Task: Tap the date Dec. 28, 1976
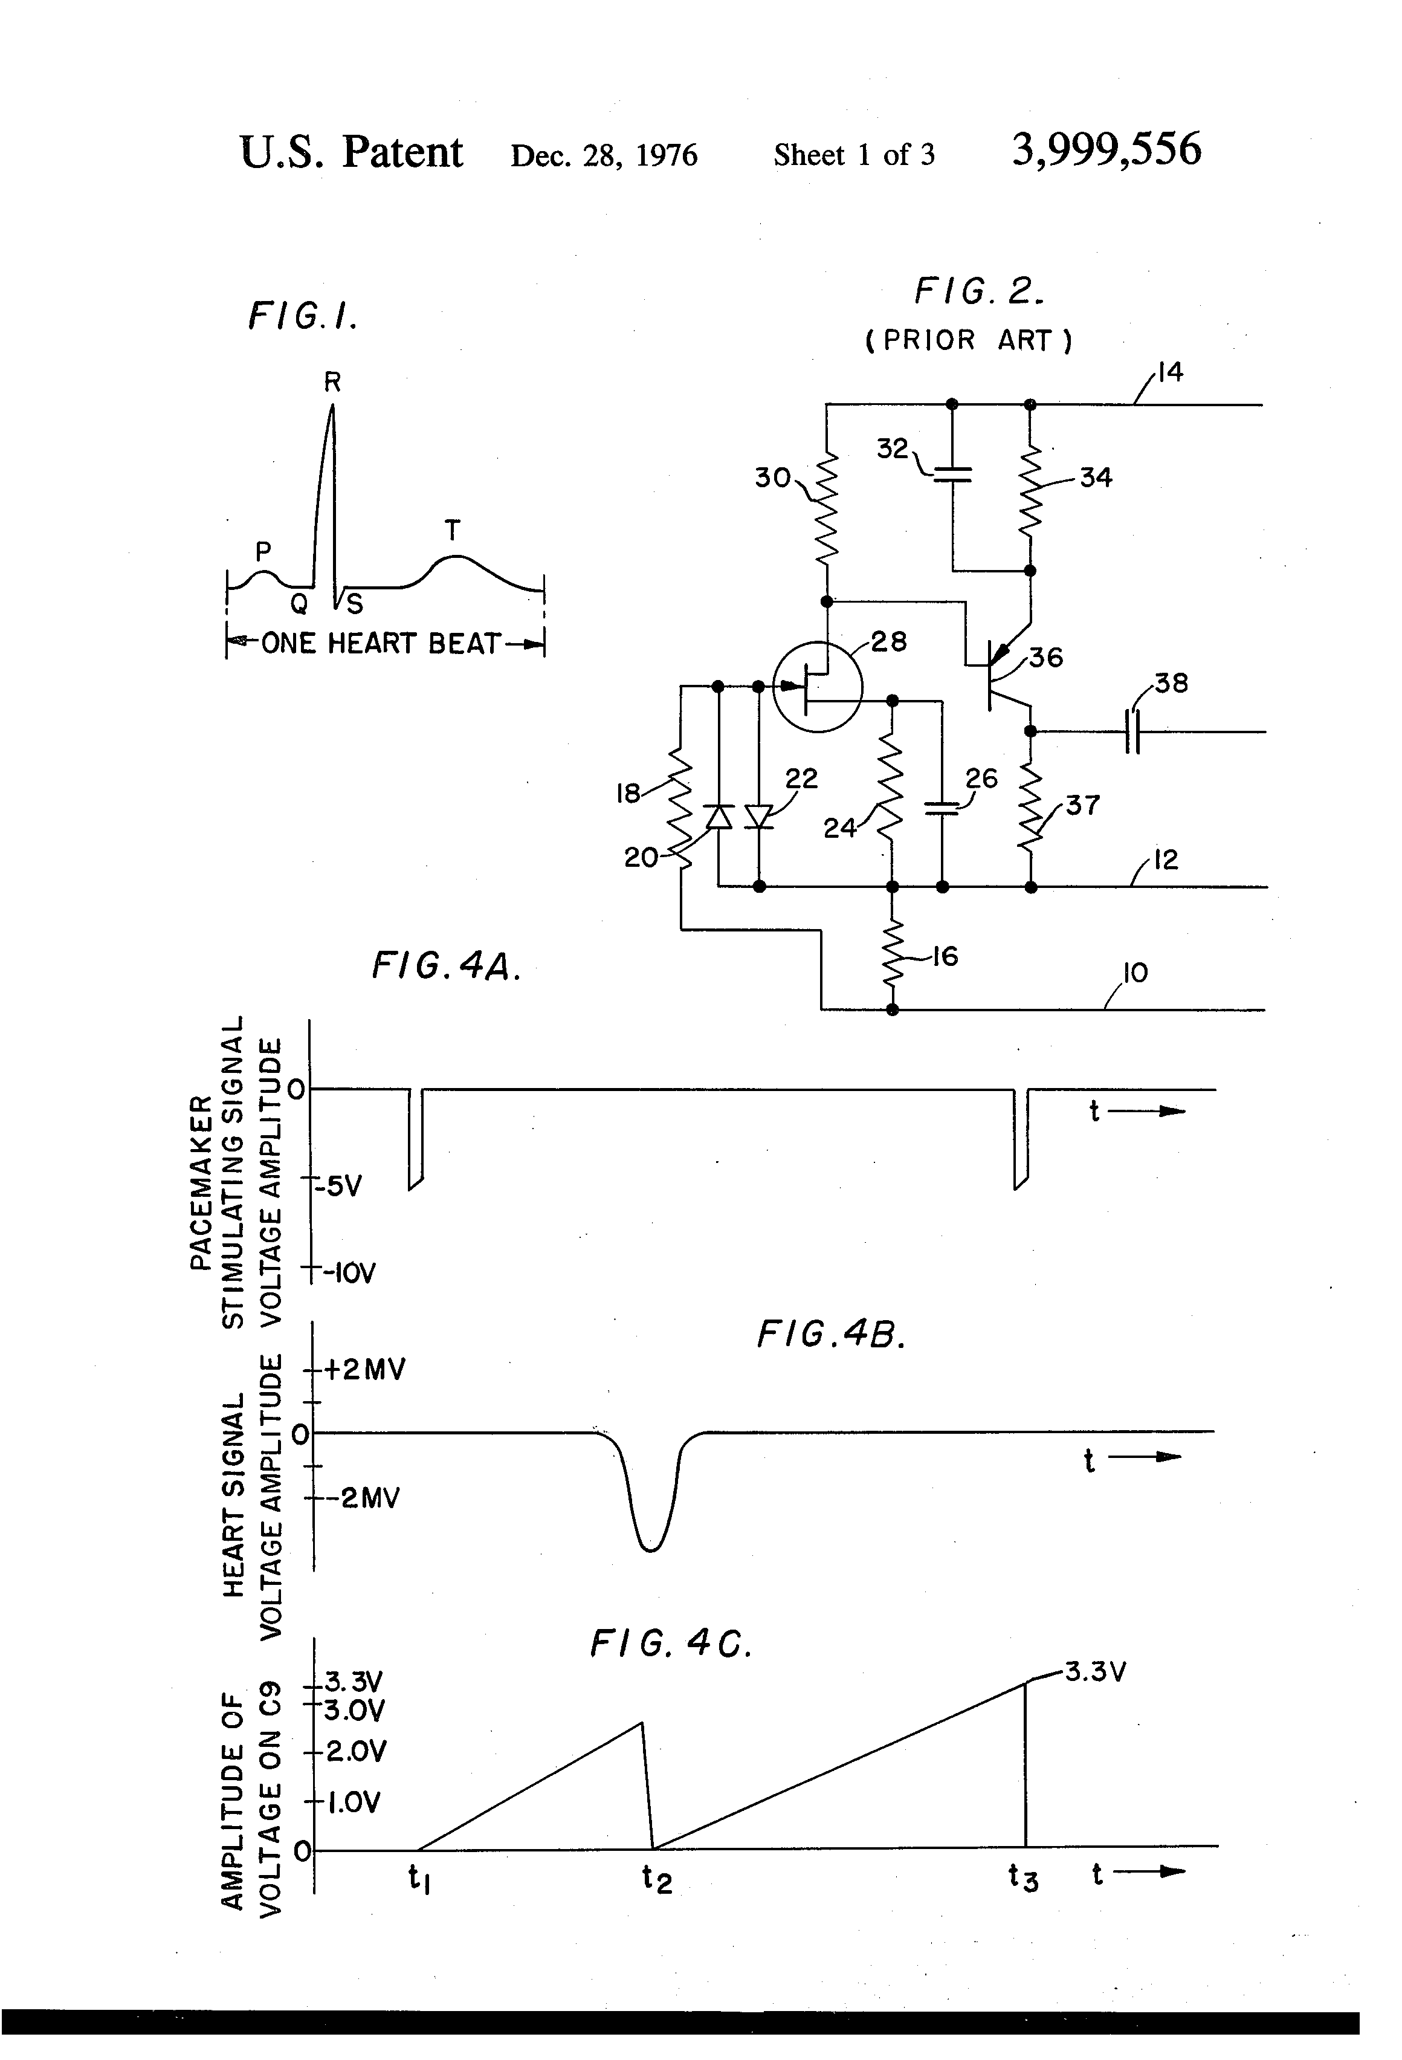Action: pos(604,155)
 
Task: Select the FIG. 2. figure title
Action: pos(978,291)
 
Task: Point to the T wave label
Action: pos(452,531)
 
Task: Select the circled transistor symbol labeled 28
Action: pos(817,686)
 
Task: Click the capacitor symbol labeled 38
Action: pos(1132,731)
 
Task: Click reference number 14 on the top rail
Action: pos(1170,372)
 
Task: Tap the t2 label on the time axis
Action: pos(657,1877)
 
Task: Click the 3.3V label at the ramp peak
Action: pos(1096,1673)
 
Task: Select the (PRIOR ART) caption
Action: pos(969,340)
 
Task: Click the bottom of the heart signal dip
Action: pos(650,1547)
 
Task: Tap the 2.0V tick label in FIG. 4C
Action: pos(357,1752)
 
